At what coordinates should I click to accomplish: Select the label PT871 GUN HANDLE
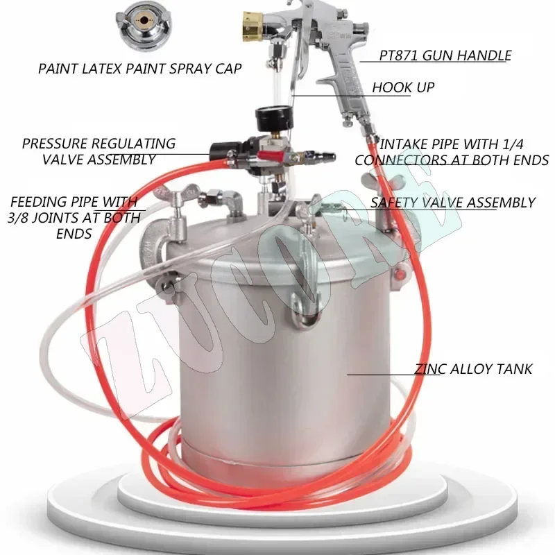[x=445, y=55]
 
